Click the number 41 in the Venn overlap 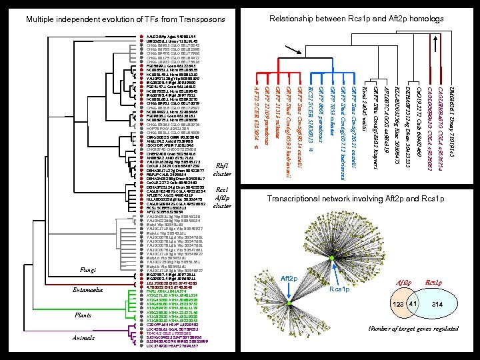click(x=412, y=304)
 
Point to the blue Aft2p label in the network click(x=287, y=278)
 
